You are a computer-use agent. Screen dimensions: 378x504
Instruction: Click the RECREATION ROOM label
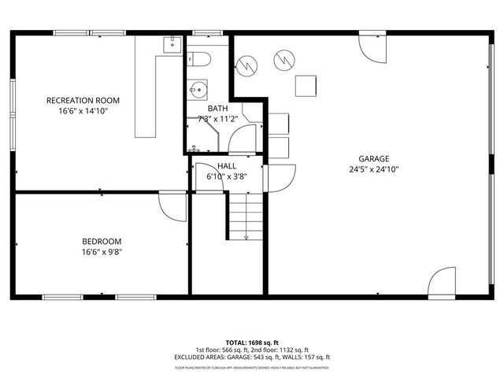[x=83, y=100]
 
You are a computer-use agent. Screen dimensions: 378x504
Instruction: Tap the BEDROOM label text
[x=102, y=241]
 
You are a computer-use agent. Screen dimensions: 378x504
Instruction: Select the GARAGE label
[x=365, y=157]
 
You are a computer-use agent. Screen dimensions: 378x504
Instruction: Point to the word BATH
[x=217, y=109]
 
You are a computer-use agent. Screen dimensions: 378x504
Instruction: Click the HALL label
[x=227, y=166]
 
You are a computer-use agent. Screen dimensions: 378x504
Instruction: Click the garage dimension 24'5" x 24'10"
[x=365, y=169]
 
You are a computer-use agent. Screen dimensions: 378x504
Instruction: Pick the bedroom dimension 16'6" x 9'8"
[x=102, y=252]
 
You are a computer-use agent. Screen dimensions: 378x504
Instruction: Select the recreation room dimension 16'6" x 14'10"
[x=83, y=111]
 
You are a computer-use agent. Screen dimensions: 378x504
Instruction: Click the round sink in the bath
[x=196, y=89]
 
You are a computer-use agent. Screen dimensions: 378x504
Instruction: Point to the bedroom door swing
[x=171, y=204]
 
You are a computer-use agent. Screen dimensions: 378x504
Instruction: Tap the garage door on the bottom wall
[x=441, y=283]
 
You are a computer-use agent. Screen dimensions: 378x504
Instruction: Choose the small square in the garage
[x=306, y=85]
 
